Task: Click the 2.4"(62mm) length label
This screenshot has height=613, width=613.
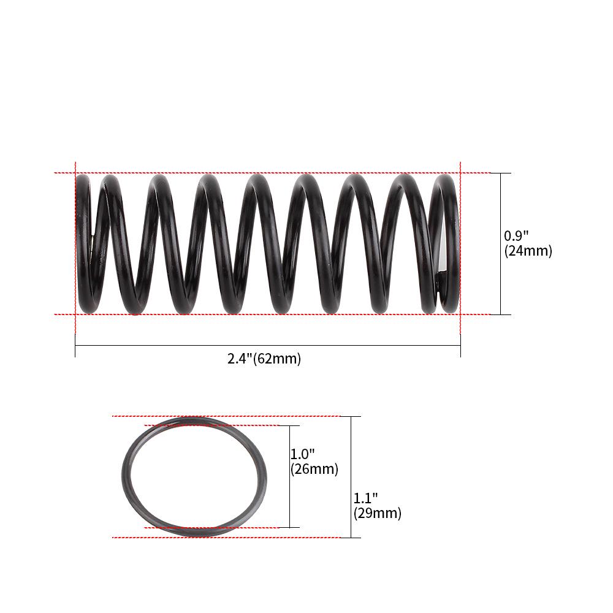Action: point(264,359)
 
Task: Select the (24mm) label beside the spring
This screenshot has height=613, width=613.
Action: point(528,251)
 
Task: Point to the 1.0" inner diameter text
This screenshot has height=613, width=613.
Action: point(303,454)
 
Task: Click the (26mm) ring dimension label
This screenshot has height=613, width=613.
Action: point(314,470)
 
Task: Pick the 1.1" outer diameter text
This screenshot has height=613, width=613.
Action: point(366,498)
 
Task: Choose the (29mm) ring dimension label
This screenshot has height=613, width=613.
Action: point(378,514)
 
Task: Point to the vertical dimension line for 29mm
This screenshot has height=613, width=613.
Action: point(351,454)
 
